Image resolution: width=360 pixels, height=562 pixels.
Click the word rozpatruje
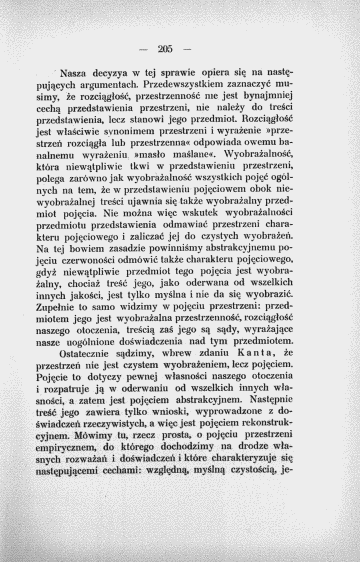[67, 388]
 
